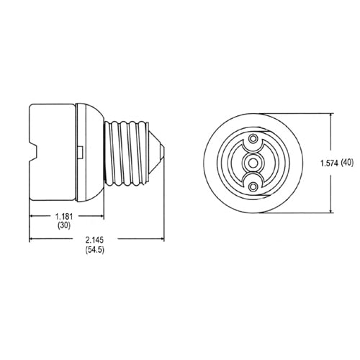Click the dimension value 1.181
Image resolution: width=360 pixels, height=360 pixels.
coord(64,217)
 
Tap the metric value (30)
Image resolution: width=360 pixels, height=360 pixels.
coord(64,226)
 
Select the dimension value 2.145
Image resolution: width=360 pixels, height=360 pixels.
coord(94,240)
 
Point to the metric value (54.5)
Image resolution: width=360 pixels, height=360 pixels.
coord(94,250)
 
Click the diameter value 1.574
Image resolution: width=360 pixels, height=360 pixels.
coord(329,163)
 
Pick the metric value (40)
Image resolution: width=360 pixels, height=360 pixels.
coord(347,163)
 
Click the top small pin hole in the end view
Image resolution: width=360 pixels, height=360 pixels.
coord(253,138)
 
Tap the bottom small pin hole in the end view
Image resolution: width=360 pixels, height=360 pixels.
coord(253,186)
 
